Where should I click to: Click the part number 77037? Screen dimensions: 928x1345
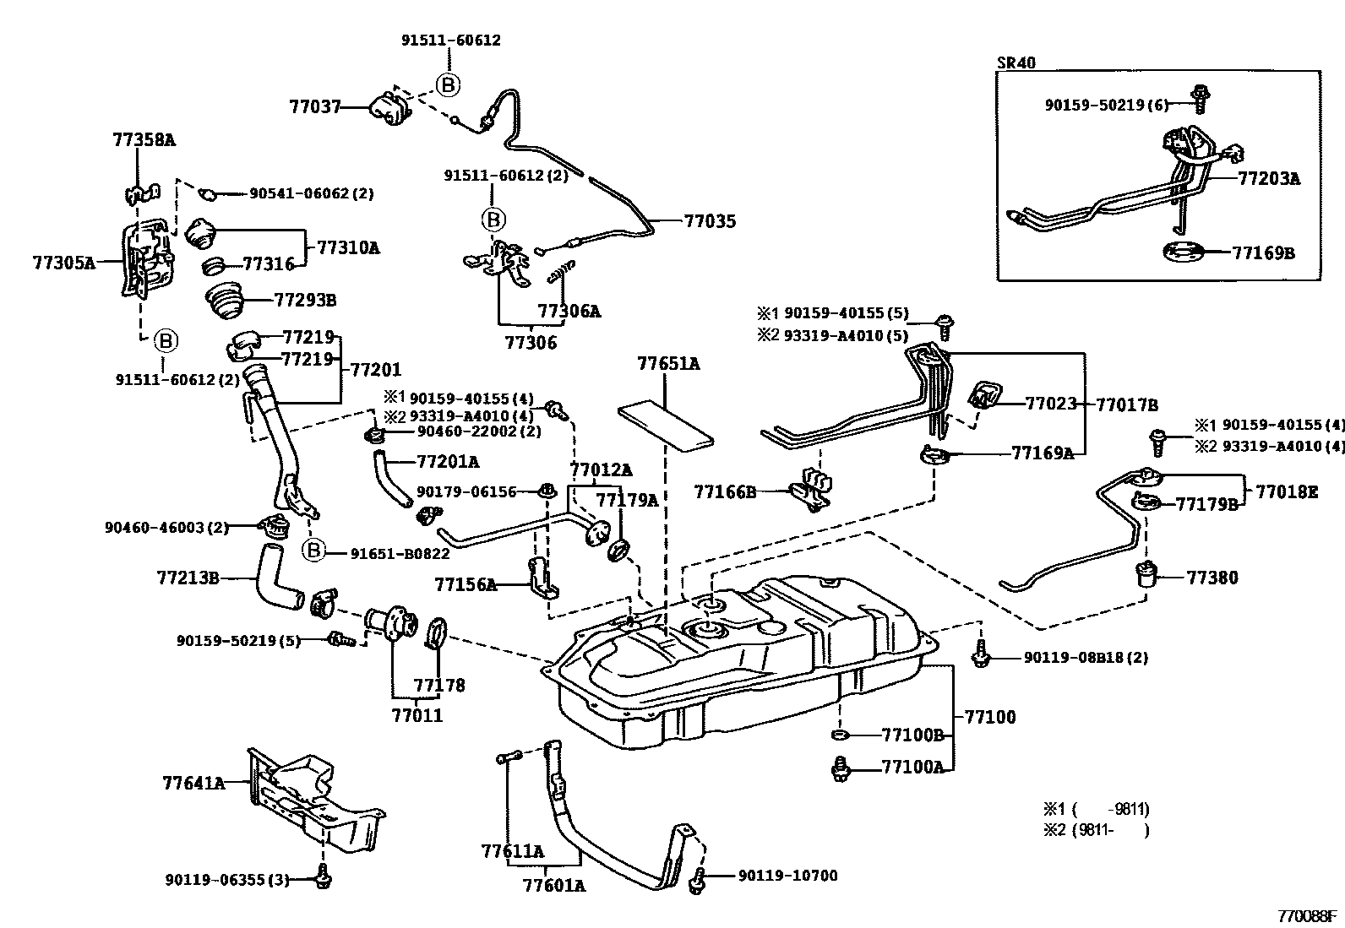point(314,107)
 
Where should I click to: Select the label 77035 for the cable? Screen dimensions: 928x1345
point(710,222)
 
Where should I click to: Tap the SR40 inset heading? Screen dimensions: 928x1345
point(1016,62)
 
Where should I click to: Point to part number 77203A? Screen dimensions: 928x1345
point(1269,179)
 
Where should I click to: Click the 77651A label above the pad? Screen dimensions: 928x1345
point(668,364)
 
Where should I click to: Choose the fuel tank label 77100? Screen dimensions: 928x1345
point(990,717)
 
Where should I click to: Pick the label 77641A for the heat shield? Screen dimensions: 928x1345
point(193,783)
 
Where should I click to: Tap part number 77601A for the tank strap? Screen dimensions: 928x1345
point(553,885)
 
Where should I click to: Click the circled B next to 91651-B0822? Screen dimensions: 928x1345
point(313,551)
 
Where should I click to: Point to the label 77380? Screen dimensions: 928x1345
point(1212,578)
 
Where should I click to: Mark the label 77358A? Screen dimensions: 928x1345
point(144,140)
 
